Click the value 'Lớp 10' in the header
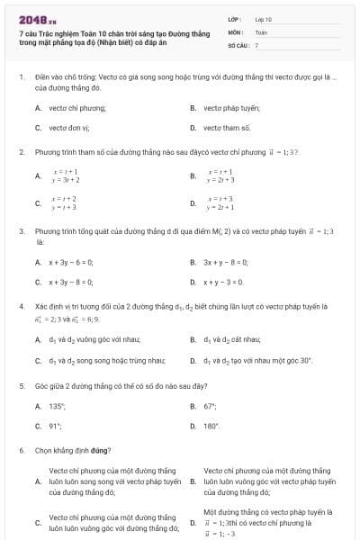tap(263, 19)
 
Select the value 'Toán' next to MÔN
tap(261, 31)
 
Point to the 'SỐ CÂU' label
tap(238, 44)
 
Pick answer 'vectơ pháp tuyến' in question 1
tap(231, 107)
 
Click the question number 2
tap(21, 153)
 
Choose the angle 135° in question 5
tap(58, 406)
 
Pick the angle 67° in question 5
tap(211, 406)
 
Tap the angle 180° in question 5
tap(211, 426)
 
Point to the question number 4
tap(21, 306)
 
